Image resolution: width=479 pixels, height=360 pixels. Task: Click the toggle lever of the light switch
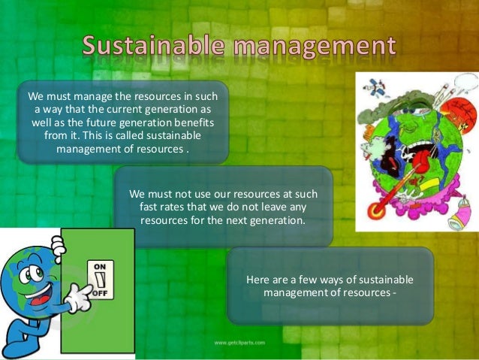coord(100,281)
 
